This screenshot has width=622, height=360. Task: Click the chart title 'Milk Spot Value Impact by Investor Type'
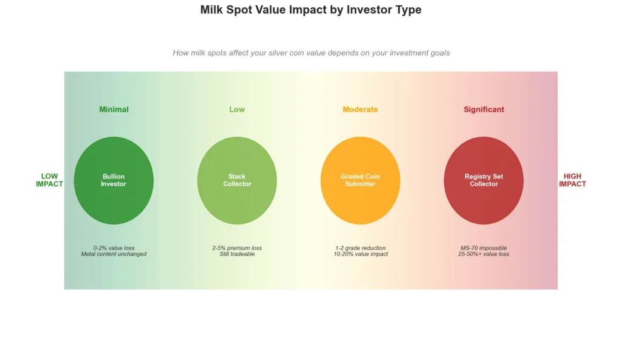(x=310, y=10)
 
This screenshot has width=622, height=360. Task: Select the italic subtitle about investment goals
(x=311, y=53)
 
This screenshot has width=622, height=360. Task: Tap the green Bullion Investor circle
(x=114, y=180)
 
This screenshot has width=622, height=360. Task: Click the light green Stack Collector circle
(x=237, y=180)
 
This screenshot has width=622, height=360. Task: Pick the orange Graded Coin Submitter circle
(x=360, y=180)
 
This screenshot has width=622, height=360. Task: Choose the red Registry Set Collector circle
(x=484, y=180)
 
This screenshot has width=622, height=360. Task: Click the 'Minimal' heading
(x=114, y=109)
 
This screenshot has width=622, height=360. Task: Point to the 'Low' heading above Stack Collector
(x=237, y=109)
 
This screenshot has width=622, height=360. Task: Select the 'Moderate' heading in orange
(x=360, y=109)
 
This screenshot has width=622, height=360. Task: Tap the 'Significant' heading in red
(x=484, y=109)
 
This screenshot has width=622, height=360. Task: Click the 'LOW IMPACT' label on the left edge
(x=49, y=180)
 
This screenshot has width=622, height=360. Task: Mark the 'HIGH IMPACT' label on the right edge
(x=572, y=180)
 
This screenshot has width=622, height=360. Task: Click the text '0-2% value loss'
(x=114, y=248)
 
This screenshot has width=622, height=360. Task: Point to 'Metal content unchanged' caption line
(x=114, y=254)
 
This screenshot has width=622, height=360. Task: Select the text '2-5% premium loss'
(x=237, y=248)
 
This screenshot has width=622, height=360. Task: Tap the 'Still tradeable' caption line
(x=237, y=254)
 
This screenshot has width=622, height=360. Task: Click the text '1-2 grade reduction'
(x=360, y=248)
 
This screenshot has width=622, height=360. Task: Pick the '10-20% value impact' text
(x=360, y=254)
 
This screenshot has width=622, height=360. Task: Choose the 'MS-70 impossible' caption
(x=484, y=248)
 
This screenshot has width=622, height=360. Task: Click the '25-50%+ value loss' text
(x=484, y=254)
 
